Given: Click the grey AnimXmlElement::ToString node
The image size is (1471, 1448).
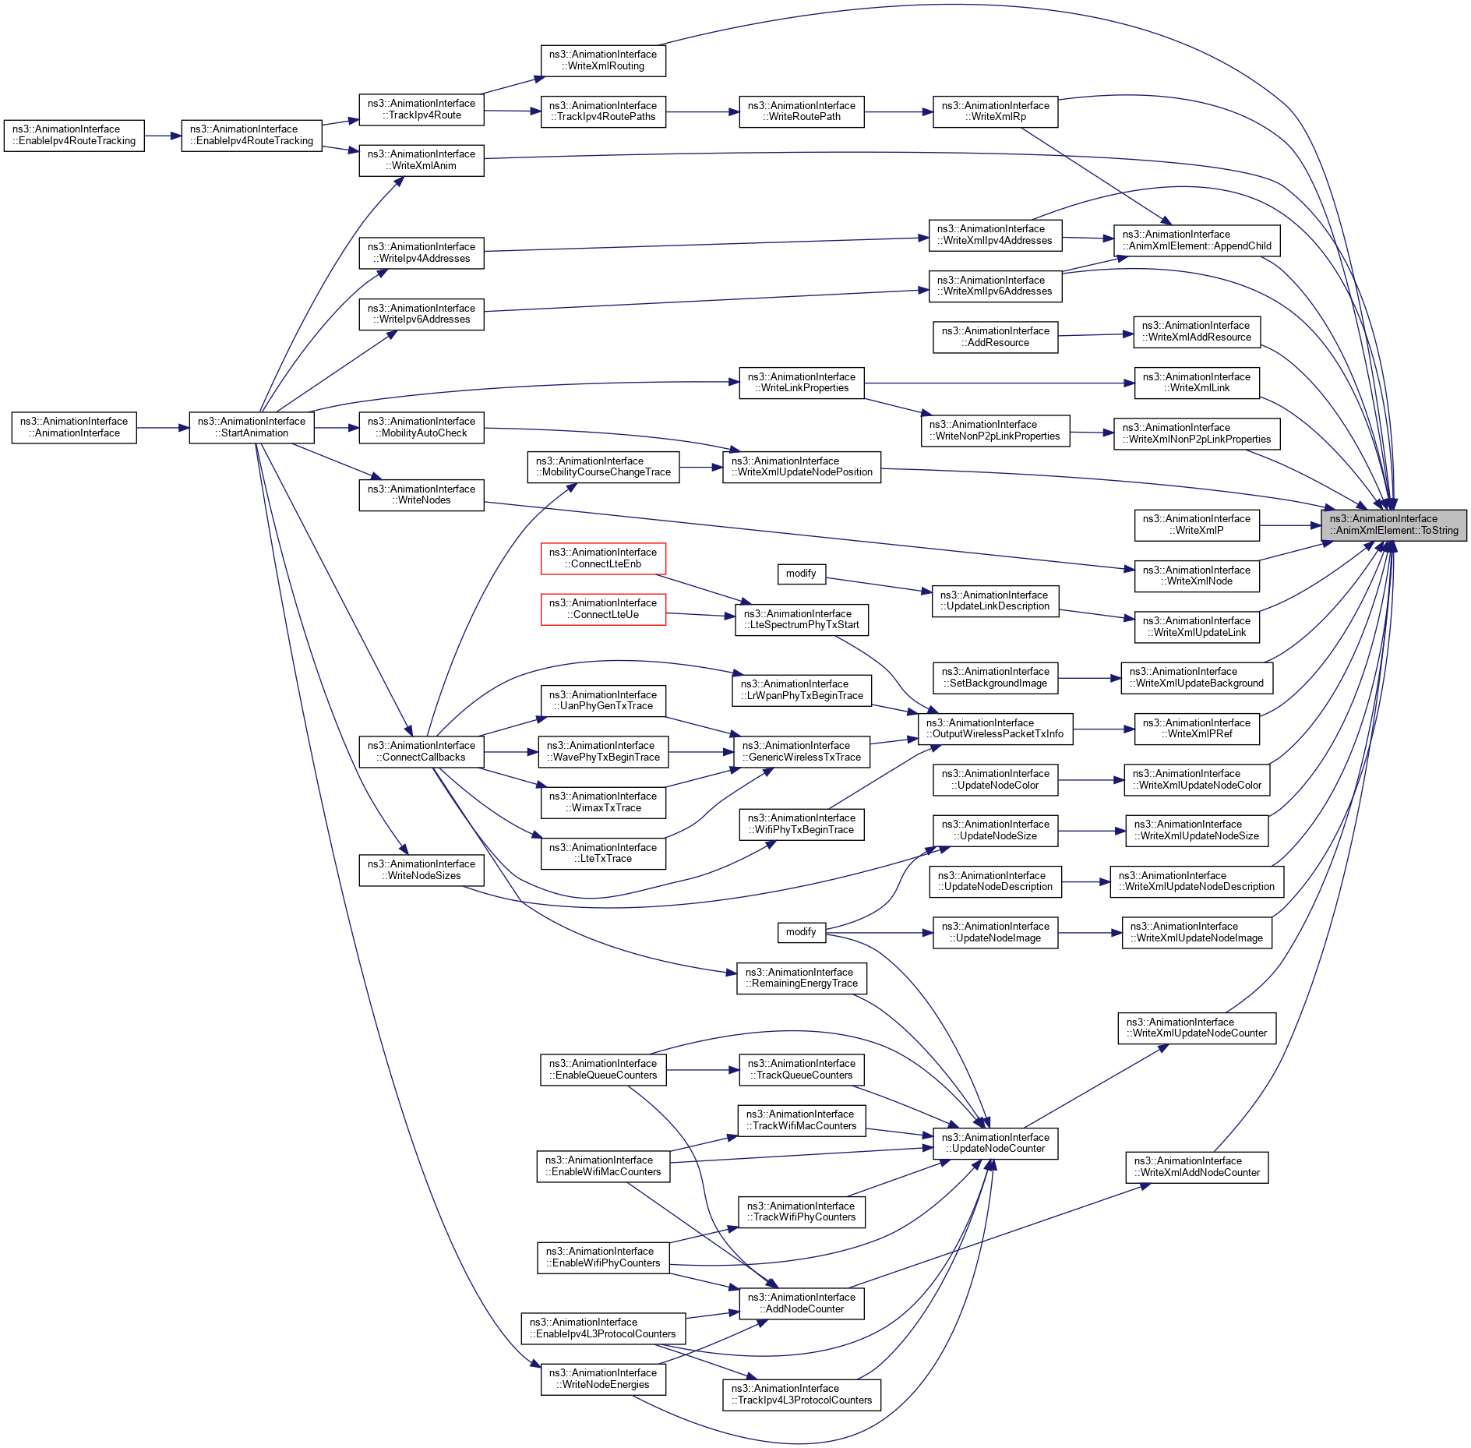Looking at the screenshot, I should (1393, 525).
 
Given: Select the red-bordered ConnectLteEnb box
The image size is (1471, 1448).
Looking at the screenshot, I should (603, 558).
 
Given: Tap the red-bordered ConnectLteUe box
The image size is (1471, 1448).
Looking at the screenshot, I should (603, 609).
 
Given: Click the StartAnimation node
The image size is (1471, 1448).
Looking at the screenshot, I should (251, 427).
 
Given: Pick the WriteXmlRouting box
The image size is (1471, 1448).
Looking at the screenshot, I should (603, 60).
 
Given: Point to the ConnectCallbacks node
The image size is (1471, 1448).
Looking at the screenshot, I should (421, 751).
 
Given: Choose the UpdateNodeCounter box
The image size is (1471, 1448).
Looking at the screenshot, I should (995, 1143).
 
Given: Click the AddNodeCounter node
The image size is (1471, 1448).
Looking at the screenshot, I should (801, 1303).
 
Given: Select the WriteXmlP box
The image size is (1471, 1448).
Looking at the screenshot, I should (1196, 524).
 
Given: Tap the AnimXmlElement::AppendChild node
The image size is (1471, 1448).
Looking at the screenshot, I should (1196, 240).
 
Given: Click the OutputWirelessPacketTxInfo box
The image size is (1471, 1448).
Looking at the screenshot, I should (994, 729).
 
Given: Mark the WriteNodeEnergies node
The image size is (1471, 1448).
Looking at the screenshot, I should (603, 1379).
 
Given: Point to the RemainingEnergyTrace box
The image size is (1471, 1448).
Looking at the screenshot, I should (801, 978).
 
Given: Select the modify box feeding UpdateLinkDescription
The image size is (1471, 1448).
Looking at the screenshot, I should (801, 574).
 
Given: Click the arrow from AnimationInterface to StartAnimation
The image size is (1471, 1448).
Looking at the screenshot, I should (163, 428).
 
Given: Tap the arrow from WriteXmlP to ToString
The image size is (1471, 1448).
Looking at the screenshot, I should (1289, 525).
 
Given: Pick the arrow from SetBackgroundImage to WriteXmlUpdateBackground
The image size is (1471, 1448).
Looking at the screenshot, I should (1089, 678).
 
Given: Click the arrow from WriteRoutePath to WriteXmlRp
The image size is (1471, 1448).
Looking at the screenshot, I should (898, 112).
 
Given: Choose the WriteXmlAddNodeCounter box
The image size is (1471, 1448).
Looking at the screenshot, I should (1196, 1167).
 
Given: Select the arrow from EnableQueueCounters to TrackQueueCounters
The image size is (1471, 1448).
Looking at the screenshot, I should (702, 1070).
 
